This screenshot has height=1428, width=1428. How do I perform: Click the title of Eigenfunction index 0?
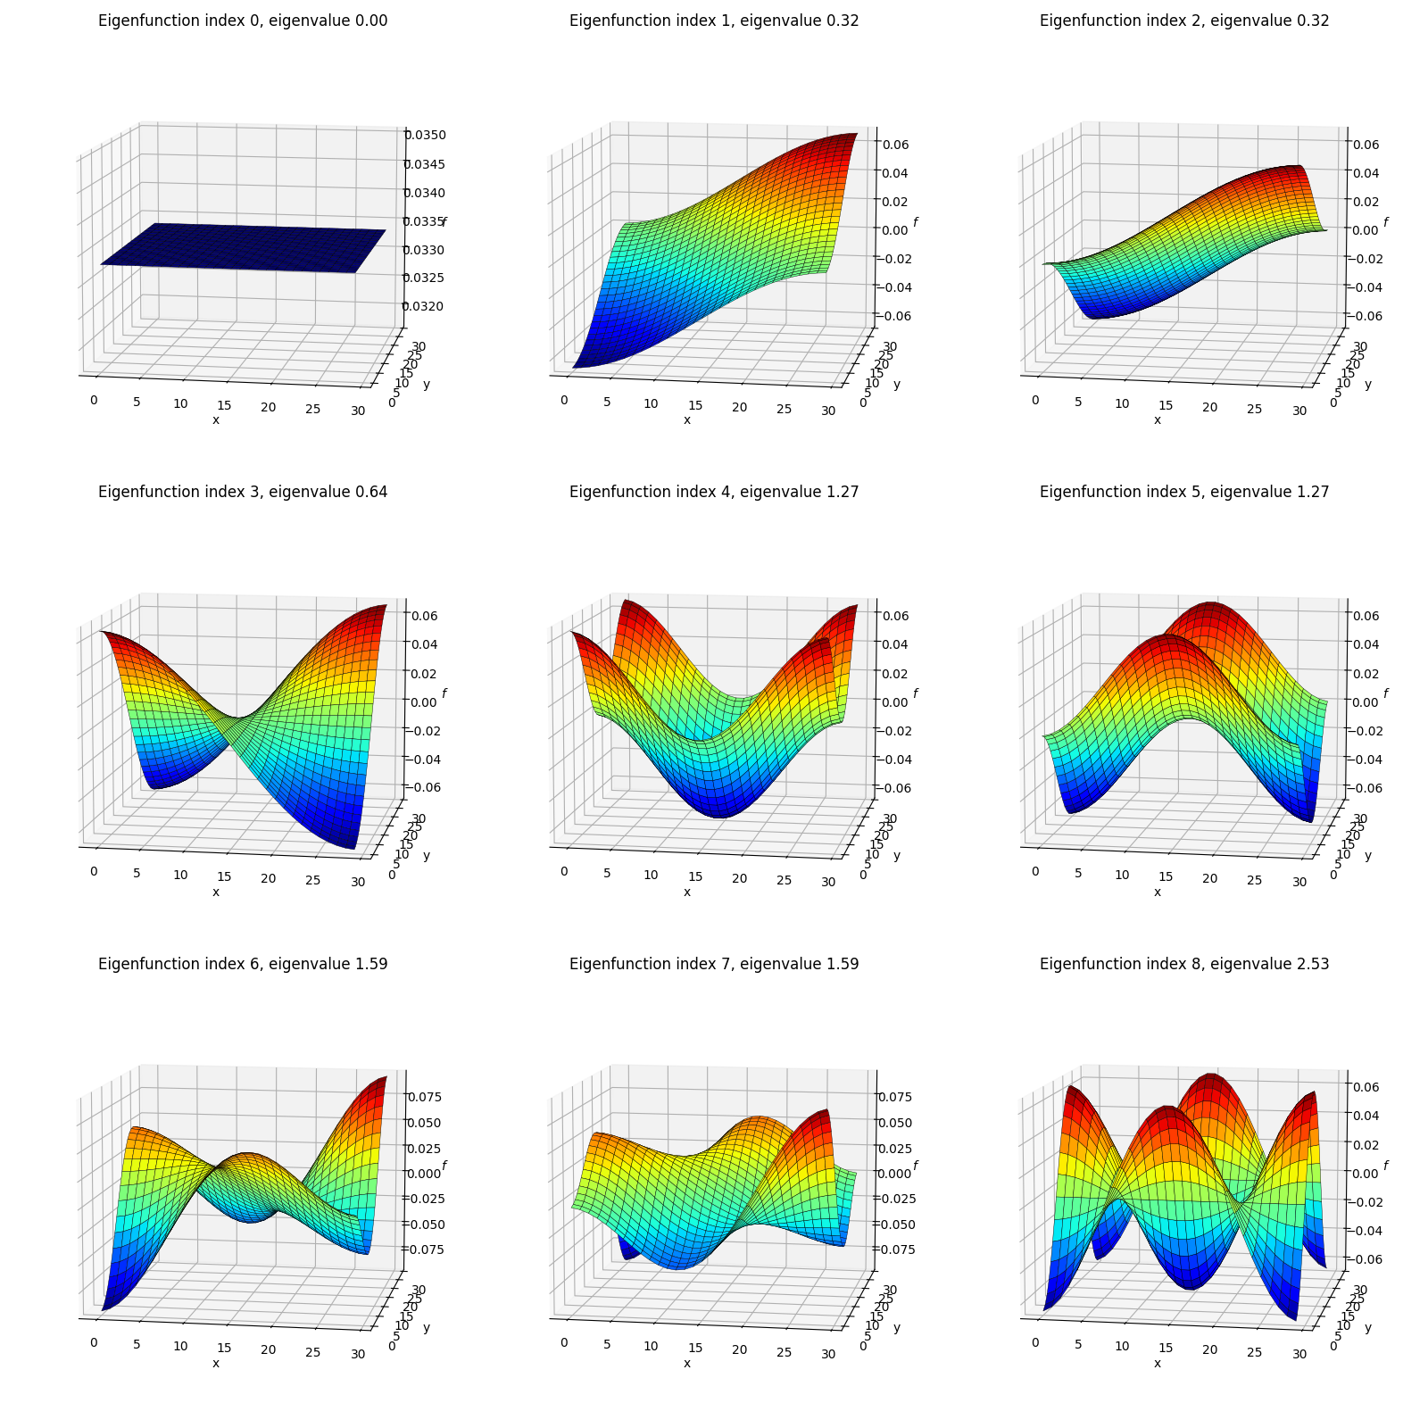pyautogui.click(x=243, y=21)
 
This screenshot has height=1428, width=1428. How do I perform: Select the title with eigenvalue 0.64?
pyautogui.click(x=243, y=492)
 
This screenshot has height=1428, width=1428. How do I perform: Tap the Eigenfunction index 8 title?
pyautogui.click(x=1184, y=964)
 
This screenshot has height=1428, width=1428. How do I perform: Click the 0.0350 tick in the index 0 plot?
pyautogui.click(x=425, y=135)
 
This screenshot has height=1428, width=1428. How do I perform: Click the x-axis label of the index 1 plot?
pyautogui.click(x=686, y=419)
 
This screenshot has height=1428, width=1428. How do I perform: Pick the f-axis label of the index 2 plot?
pyautogui.click(x=1385, y=222)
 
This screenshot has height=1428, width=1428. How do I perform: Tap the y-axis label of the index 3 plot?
pyautogui.click(x=427, y=855)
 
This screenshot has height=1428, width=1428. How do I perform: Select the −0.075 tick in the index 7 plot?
pyautogui.click(x=893, y=1249)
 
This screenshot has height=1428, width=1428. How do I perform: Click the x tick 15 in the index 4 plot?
pyautogui.click(x=695, y=876)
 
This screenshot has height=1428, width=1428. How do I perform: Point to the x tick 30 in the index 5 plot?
pyautogui.click(x=1299, y=882)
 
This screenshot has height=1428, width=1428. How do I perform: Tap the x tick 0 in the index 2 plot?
pyautogui.click(x=1035, y=400)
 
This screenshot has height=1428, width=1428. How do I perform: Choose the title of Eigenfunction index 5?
pyautogui.click(x=1184, y=492)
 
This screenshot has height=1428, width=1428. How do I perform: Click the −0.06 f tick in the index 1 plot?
pyautogui.click(x=892, y=316)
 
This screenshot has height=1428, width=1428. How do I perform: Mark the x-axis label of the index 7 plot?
pyautogui.click(x=686, y=1363)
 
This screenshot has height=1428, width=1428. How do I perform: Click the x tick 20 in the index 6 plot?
pyautogui.click(x=269, y=1349)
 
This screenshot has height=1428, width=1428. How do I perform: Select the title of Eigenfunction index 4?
pyautogui.click(x=714, y=492)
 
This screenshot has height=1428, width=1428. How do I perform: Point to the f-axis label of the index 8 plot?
pyautogui.click(x=1385, y=1166)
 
